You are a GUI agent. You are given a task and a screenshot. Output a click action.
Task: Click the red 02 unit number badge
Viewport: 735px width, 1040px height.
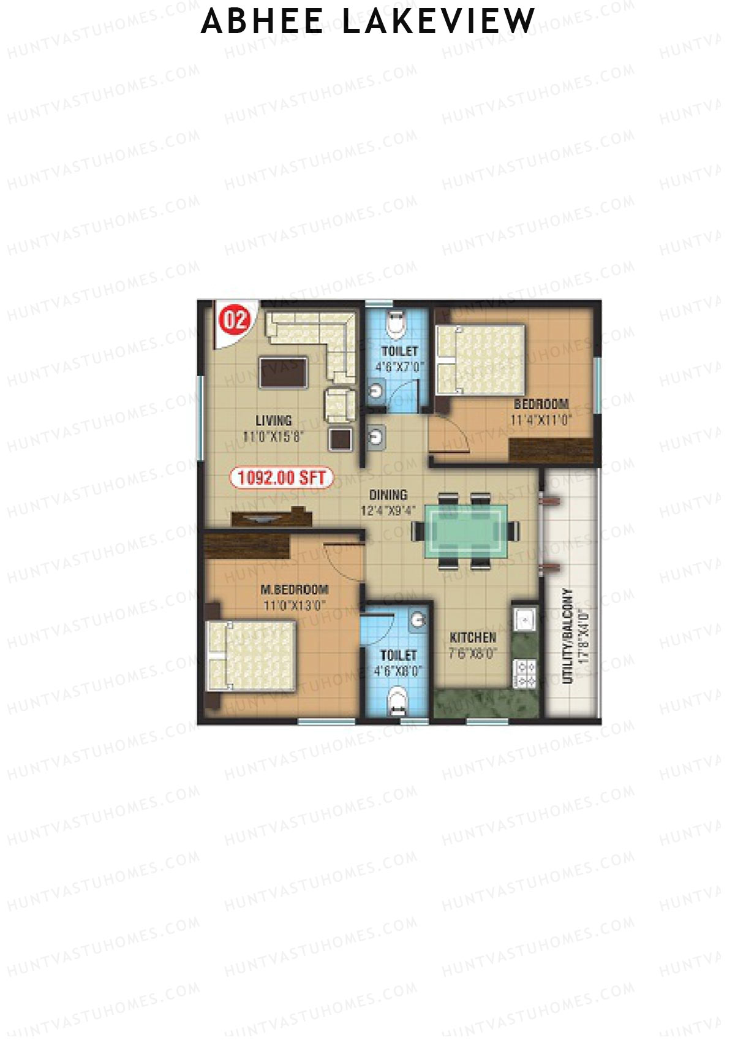click(236, 320)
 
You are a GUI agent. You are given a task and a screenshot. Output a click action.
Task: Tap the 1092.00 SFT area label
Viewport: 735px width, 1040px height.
click(282, 477)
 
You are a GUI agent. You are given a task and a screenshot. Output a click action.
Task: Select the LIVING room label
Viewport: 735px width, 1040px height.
click(273, 420)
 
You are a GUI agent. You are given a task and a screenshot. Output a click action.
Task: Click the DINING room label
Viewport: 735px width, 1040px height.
click(388, 495)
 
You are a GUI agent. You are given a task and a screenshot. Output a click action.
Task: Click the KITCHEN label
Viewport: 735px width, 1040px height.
click(473, 637)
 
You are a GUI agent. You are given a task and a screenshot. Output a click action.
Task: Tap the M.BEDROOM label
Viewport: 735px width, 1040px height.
click(295, 590)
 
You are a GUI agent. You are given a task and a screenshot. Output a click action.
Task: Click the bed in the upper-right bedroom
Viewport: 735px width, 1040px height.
click(480, 360)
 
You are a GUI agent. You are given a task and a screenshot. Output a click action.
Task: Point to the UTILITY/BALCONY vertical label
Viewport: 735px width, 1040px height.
click(567, 636)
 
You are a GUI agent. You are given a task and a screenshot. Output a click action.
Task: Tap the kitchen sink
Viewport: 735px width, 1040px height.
click(525, 620)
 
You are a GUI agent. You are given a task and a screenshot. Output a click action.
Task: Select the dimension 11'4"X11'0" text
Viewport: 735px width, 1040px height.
click(541, 420)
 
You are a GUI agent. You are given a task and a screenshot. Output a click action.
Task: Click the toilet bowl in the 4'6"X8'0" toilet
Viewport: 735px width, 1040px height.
click(398, 700)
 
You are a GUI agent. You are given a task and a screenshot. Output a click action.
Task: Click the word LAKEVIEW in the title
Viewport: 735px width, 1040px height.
click(439, 21)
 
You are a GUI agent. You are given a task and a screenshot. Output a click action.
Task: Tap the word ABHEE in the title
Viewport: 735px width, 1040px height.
click(263, 21)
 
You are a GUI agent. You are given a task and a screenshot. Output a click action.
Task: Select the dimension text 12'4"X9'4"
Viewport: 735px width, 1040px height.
click(388, 511)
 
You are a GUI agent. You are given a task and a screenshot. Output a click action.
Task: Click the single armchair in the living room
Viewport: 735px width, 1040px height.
click(339, 404)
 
